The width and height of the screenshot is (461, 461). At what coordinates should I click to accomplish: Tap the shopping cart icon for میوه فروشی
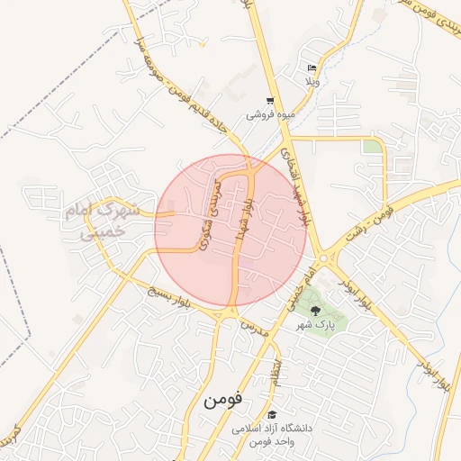click(269, 101)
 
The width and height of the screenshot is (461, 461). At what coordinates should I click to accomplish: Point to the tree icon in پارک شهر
click(313, 311)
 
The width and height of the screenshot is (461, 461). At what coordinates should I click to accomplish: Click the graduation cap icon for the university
click(272, 414)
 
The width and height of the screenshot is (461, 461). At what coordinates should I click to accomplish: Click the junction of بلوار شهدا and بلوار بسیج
click(230, 311)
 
